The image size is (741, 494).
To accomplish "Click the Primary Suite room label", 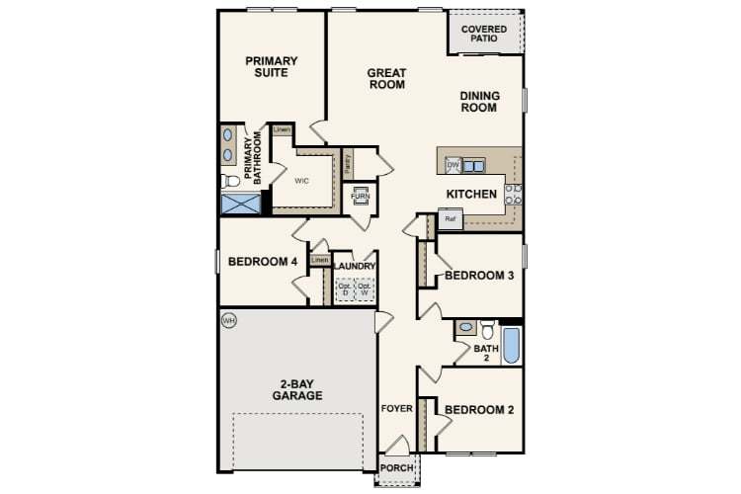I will tap(272, 66).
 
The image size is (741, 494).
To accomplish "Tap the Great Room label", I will tap(386, 78).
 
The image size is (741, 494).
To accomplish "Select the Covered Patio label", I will tap(484, 35).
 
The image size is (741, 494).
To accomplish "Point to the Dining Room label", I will tap(479, 102).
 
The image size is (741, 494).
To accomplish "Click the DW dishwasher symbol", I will tap(453, 165).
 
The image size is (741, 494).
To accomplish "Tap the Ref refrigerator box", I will tap(451, 218).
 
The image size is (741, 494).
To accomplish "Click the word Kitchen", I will tap(471, 194).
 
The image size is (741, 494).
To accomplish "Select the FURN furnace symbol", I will tap(360, 196).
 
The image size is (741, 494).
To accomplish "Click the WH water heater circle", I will tap(229, 320).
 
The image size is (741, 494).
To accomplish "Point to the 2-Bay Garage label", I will tap(298, 388).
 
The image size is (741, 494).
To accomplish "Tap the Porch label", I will tap(397, 467).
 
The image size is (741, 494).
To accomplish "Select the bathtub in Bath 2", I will tap(511, 343).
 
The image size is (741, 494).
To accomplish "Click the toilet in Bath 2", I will tap(486, 330).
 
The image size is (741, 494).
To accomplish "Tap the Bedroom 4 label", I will tap(263, 262).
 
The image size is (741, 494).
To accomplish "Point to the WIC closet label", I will tap(303, 181).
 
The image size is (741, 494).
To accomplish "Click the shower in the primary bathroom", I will tap(240, 205).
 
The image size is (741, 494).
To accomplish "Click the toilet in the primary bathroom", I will tap(230, 181).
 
